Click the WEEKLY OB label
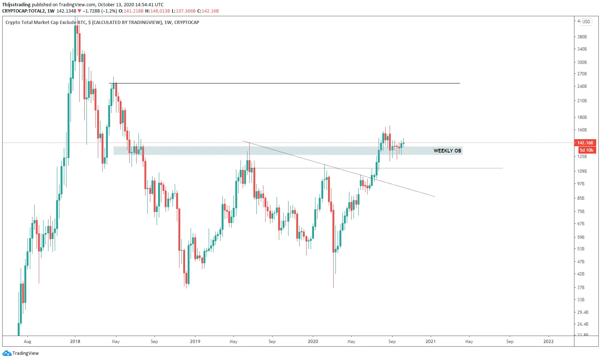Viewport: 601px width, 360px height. tap(447, 151)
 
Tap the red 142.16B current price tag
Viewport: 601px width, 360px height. tap(585, 143)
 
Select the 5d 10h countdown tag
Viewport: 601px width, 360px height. tap(586, 150)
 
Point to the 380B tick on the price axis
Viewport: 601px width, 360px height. tap(582, 37)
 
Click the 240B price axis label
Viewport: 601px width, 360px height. tap(582, 86)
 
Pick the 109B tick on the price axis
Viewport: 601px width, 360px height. tap(582, 171)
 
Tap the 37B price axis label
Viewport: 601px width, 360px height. tap(581, 288)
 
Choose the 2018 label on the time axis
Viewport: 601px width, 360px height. tap(75, 342)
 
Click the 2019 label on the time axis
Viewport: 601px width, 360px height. tap(195, 342)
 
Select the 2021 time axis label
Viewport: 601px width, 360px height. tap(430, 342)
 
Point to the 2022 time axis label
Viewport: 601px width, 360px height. tap(549, 342)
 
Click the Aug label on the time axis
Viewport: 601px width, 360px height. tap(27, 342)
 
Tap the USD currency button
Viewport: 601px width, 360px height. tap(586, 22)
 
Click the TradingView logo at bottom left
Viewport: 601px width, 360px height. tap(21, 353)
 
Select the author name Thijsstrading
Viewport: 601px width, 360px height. tap(16, 5)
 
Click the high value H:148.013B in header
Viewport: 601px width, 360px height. tap(158, 11)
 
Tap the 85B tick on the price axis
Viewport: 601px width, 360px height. tap(581, 198)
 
